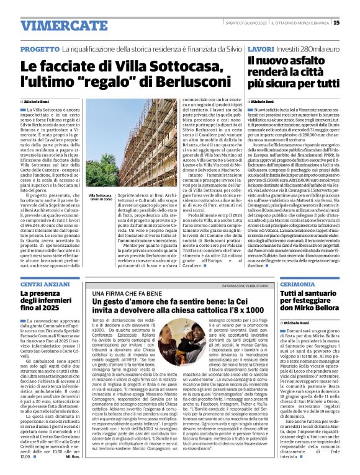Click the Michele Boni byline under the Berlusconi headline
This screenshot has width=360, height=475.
coord(35,101)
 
